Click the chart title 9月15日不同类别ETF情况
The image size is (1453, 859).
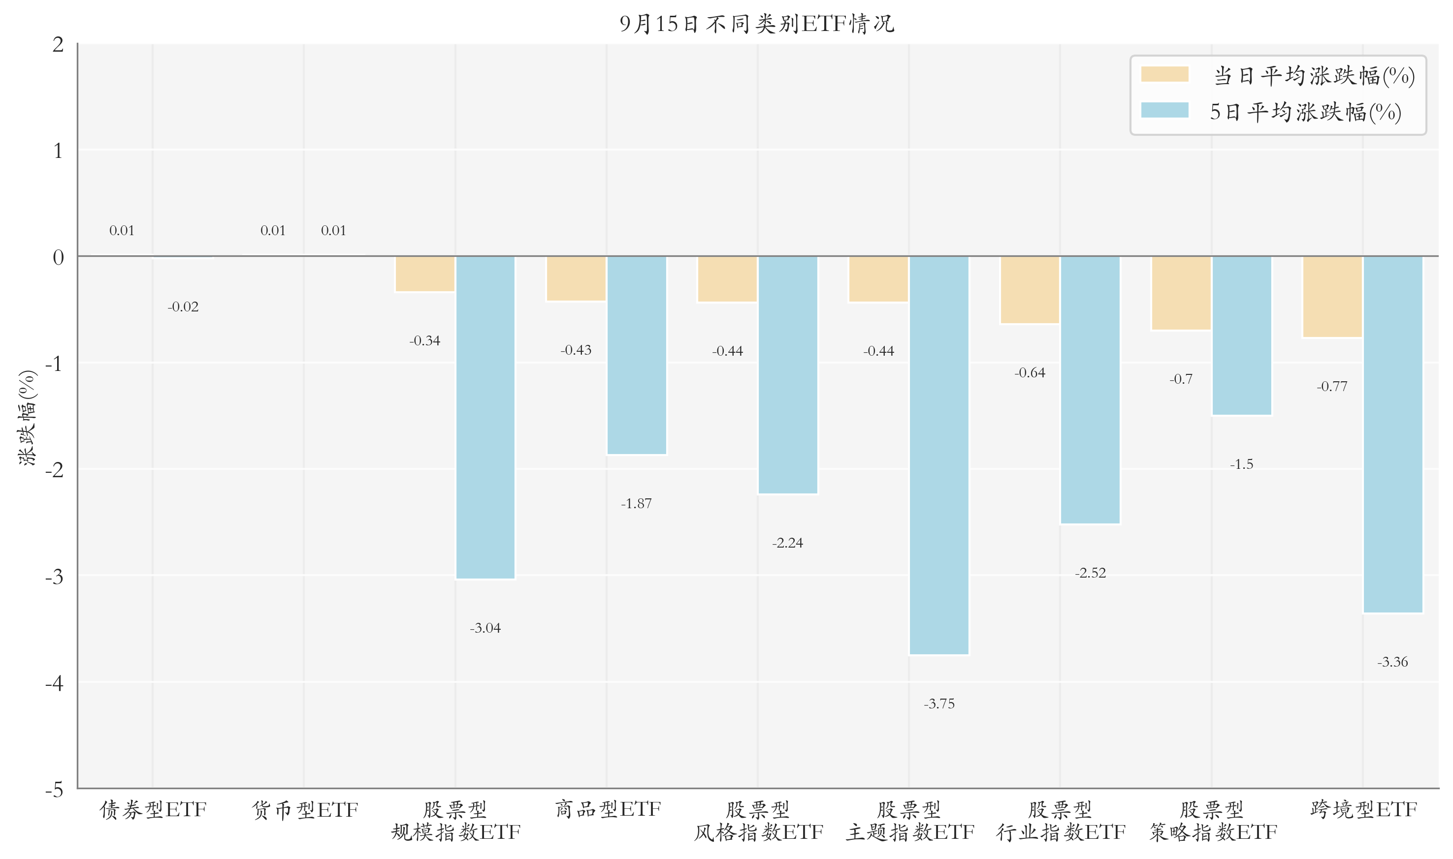point(757,24)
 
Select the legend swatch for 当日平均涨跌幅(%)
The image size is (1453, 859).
point(1164,74)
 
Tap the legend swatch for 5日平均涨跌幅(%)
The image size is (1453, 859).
point(1164,110)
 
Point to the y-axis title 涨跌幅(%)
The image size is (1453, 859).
point(27,417)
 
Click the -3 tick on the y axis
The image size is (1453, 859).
point(55,577)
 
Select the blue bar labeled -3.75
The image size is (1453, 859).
point(939,455)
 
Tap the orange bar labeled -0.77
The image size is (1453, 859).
point(1332,296)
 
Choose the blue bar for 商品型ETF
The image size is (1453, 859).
point(637,355)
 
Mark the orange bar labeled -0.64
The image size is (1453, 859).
point(1030,290)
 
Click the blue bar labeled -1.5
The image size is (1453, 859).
point(1242,336)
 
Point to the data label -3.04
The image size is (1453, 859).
point(485,628)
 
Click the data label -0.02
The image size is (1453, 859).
point(183,307)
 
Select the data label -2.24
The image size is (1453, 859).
point(788,543)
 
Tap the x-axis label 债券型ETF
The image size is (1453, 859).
point(153,809)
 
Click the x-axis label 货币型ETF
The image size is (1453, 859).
point(305,809)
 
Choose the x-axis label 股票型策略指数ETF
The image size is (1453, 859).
point(1212,821)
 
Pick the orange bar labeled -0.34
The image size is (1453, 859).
point(424,274)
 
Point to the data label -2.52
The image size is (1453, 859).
point(1091,573)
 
